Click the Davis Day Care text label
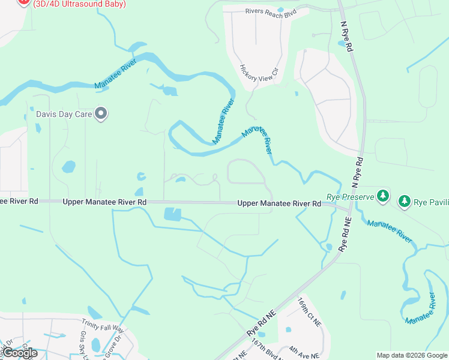pos(67,113)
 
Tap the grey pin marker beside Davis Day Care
pos(101,113)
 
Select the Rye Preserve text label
pos(350,197)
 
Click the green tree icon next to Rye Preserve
pos(382,196)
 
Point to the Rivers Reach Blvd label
pos(271,11)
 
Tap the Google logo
pos(20,353)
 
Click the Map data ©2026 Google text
pos(412,355)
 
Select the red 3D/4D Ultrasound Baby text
pos(80,4)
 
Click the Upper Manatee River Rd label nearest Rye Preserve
pos(279,204)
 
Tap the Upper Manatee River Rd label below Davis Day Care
pos(104,202)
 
